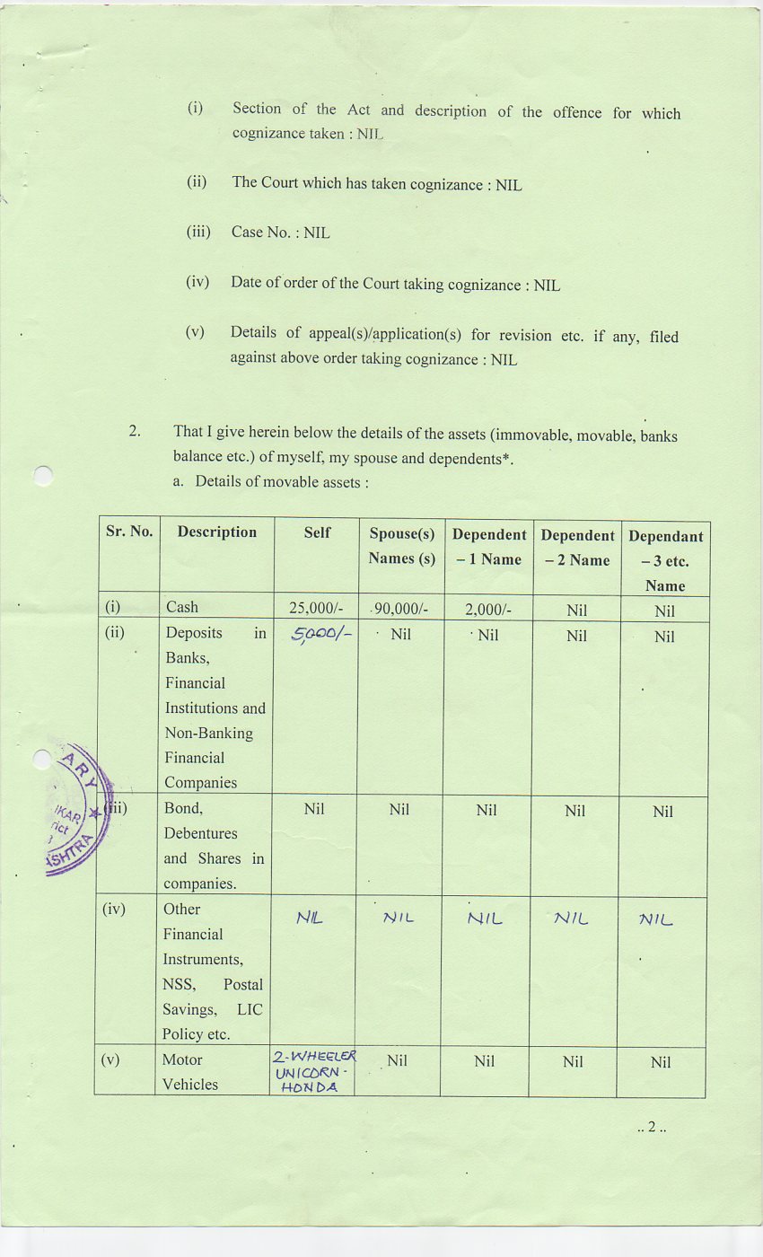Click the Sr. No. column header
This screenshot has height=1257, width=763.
click(129, 532)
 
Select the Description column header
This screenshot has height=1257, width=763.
click(216, 532)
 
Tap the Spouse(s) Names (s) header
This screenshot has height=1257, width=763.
click(401, 546)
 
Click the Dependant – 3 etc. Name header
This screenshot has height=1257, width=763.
click(665, 560)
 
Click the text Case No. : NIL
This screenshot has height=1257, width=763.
click(280, 233)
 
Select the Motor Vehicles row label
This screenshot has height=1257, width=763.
click(189, 1072)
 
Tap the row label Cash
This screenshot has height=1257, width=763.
click(182, 607)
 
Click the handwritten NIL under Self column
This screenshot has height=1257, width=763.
click(310, 918)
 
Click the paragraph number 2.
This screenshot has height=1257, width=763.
click(135, 432)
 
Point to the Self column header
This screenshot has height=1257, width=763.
click(317, 532)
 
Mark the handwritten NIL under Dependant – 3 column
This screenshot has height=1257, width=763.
click(655, 919)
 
